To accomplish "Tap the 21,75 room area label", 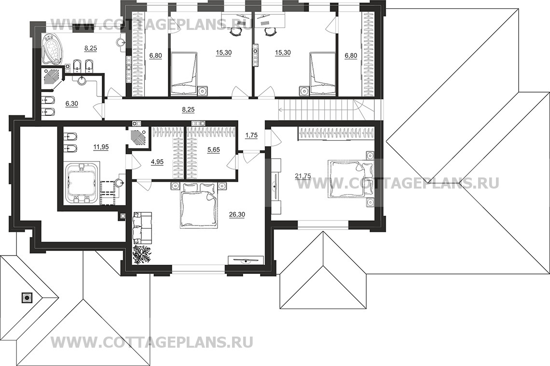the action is click(303, 176).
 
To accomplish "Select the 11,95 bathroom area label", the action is click(100, 148).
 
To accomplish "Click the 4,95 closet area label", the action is click(157, 162).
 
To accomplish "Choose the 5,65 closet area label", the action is click(214, 149).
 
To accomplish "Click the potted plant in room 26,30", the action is click(142, 254).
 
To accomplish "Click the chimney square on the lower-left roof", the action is click(27, 298).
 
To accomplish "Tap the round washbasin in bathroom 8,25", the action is click(120, 42).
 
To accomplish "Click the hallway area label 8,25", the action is click(188, 109).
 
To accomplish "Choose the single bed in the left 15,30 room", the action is click(184, 74).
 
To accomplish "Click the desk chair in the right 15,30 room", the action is click(271, 31).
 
